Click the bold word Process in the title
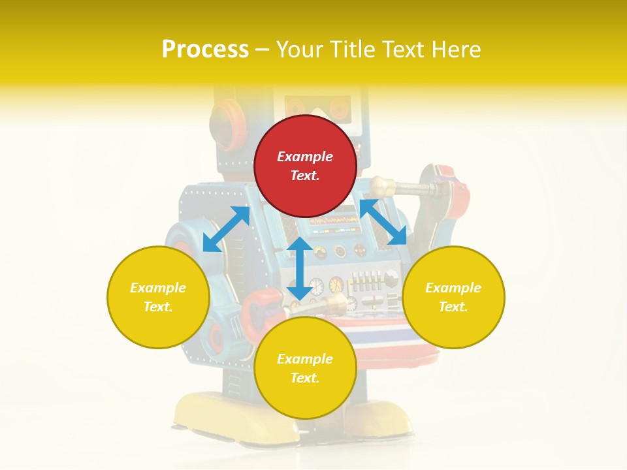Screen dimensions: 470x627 [x=205, y=50]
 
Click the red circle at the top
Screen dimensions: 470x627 [x=305, y=166]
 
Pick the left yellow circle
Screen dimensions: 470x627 [x=158, y=297]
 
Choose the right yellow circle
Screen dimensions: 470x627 [x=453, y=297]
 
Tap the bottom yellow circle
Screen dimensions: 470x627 [x=305, y=368]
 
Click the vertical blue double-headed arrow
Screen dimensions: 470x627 [x=300, y=268]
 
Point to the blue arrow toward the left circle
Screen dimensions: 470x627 [x=227, y=228]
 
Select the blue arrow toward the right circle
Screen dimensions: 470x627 [x=383, y=223]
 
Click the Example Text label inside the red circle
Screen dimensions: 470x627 [x=305, y=166]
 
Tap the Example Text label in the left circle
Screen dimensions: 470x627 [x=158, y=297]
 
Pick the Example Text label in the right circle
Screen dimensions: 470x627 [x=453, y=297]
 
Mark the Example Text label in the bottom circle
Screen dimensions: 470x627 [x=305, y=368]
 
